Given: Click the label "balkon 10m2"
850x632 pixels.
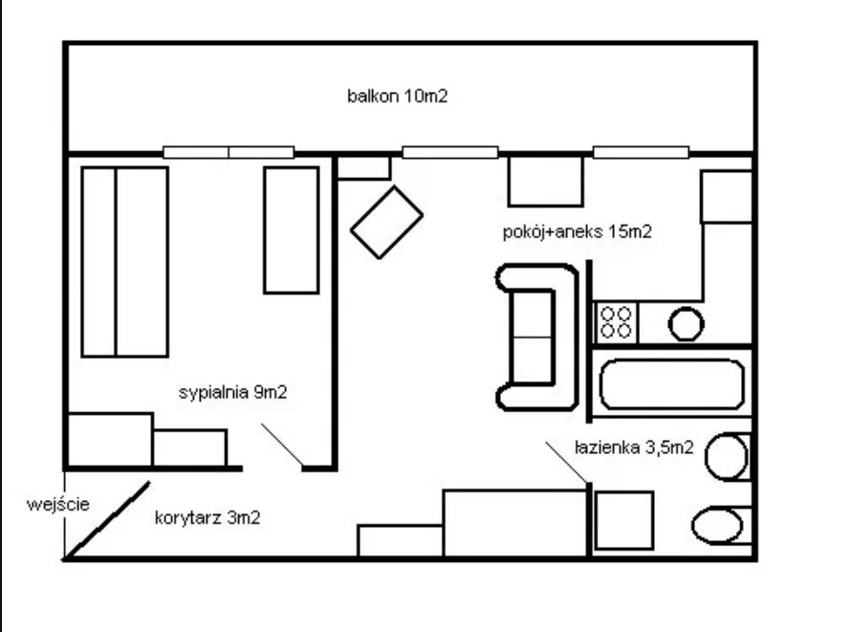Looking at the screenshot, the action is (398, 96).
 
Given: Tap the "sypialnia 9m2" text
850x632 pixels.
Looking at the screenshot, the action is (232, 392).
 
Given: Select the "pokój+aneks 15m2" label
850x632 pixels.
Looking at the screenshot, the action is (577, 231).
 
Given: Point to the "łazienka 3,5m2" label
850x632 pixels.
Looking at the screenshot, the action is (634, 447).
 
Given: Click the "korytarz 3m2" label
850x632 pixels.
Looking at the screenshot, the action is (207, 517).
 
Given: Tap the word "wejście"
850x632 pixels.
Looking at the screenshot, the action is (58, 504).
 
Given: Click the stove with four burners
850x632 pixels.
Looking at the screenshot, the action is (617, 322).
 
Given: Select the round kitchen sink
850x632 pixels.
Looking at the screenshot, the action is (686, 324).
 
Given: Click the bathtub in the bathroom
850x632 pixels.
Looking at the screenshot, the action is (671, 384).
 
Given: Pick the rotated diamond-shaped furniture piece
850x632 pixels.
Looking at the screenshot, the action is (386, 222).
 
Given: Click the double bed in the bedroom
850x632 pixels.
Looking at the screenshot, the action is (124, 262).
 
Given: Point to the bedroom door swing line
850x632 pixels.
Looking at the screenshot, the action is (282, 445).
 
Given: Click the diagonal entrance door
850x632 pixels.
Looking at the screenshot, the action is (107, 520).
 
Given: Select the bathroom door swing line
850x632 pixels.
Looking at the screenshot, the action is (566, 462).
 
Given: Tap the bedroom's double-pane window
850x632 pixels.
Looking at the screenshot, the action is (229, 152).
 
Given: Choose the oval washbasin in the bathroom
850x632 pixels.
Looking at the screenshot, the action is (717, 525).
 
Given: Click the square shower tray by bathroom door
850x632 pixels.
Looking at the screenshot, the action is (624, 520).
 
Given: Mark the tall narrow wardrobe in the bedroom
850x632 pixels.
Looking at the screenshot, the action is (291, 230).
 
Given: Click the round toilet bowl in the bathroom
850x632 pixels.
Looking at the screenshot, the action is (727, 457).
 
